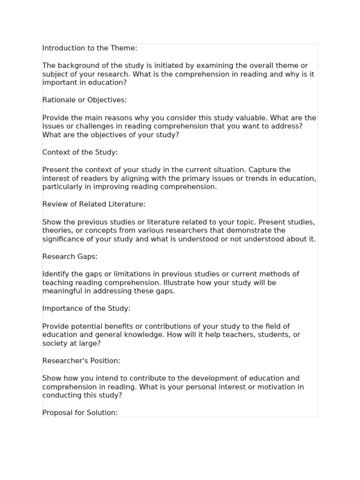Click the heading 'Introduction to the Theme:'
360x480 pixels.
90,48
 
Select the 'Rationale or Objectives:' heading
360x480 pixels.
84,100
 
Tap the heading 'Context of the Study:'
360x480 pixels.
80,152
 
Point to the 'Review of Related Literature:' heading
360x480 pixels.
94,204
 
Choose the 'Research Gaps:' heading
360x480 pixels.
70,256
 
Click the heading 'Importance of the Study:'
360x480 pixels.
86,308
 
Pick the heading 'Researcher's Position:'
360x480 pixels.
81,361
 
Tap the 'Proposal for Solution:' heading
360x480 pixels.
80,413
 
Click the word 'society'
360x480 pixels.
55,344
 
